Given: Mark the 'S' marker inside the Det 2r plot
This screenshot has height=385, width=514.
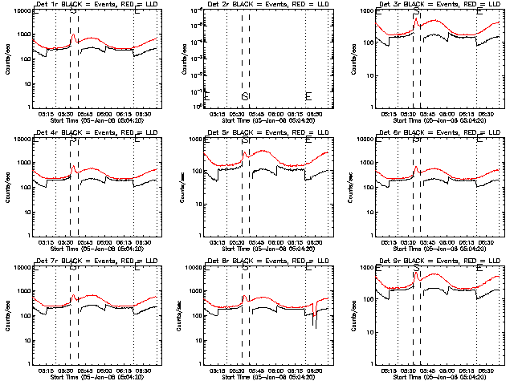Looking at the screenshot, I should (x=245, y=96).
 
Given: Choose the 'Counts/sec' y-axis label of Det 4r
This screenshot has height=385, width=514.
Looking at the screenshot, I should (x=9, y=187).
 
